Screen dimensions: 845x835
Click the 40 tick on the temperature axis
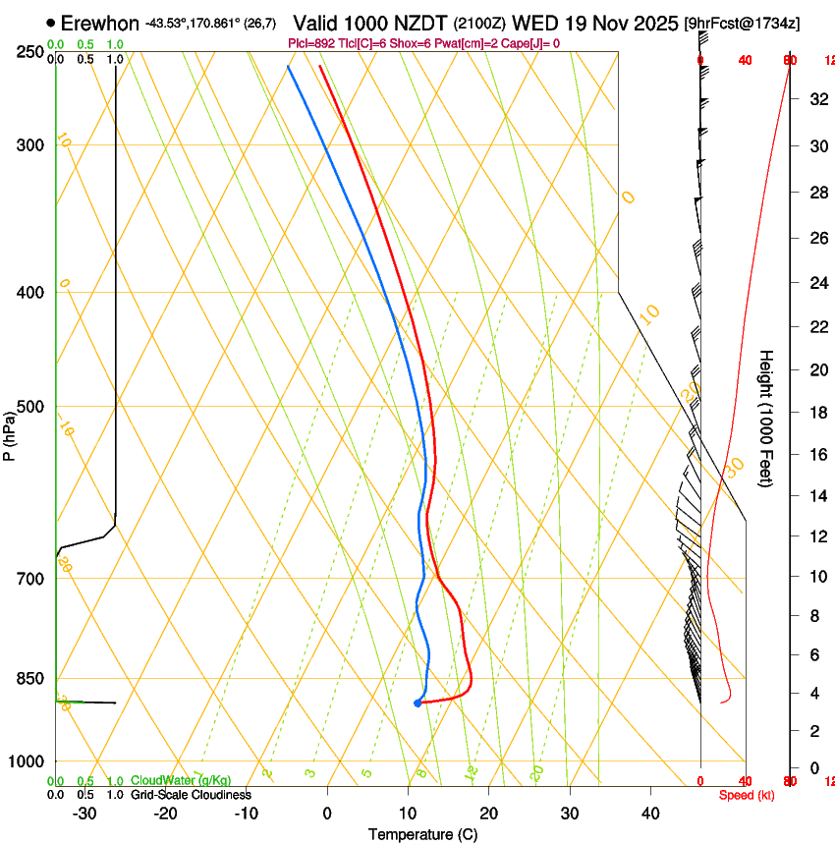click(649, 814)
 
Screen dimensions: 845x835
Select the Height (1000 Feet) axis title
click(766, 418)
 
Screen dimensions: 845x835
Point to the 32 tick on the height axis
click(816, 99)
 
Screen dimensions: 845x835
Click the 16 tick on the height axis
click(816, 455)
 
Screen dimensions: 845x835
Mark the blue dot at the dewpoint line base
click(417, 703)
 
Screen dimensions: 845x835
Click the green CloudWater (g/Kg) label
click(181, 780)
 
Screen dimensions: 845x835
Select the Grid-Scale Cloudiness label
click(191, 794)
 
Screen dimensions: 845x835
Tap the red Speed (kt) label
click(747, 795)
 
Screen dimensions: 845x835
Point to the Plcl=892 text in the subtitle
click(312, 43)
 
